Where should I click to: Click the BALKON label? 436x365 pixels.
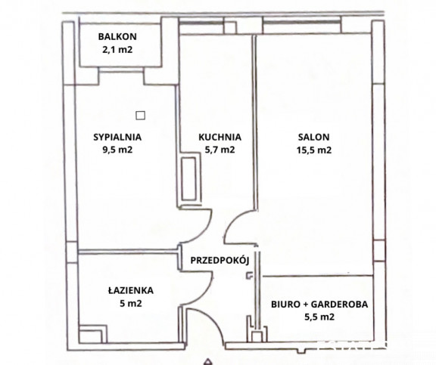click(x=117, y=36)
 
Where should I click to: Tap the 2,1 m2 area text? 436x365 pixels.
click(x=117, y=50)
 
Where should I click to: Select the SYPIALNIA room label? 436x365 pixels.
click(x=117, y=137)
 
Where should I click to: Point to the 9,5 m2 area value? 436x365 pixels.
click(x=117, y=150)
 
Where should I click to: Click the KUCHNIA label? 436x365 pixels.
click(x=220, y=137)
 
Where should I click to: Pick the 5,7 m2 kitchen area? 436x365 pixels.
click(x=220, y=150)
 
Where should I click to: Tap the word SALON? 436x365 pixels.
click(x=313, y=137)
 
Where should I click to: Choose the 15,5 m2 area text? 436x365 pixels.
click(x=313, y=150)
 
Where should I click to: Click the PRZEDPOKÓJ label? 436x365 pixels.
click(x=220, y=261)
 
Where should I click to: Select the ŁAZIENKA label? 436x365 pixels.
click(x=131, y=290)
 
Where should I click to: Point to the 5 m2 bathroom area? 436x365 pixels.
click(x=131, y=303)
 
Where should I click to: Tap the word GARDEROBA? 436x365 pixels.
click(x=339, y=305)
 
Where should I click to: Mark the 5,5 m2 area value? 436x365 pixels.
click(x=319, y=317)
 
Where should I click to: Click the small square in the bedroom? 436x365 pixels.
click(x=141, y=115)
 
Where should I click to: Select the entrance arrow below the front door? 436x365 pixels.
click(x=207, y=362)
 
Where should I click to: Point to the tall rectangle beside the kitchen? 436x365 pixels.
click(x=189, y=179)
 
